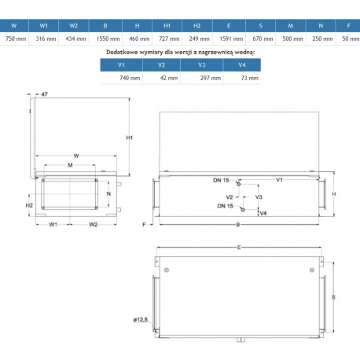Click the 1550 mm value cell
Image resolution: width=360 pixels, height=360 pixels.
(x=108, y=39)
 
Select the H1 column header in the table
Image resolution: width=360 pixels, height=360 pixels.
(x=167, y=26)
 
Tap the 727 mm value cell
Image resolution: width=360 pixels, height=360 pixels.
(x=169, y=39)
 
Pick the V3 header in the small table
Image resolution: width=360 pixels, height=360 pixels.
(x=201, y=64)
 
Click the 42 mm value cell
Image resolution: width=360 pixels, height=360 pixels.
(x=169, y=78)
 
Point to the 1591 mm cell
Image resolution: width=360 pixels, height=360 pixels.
(x=231, y=39)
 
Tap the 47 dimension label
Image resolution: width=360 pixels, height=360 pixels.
(x=45, y=94)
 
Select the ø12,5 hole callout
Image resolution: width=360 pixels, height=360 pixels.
(x=141, y=320)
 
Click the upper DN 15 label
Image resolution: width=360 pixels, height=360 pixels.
(x=221, y=180)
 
